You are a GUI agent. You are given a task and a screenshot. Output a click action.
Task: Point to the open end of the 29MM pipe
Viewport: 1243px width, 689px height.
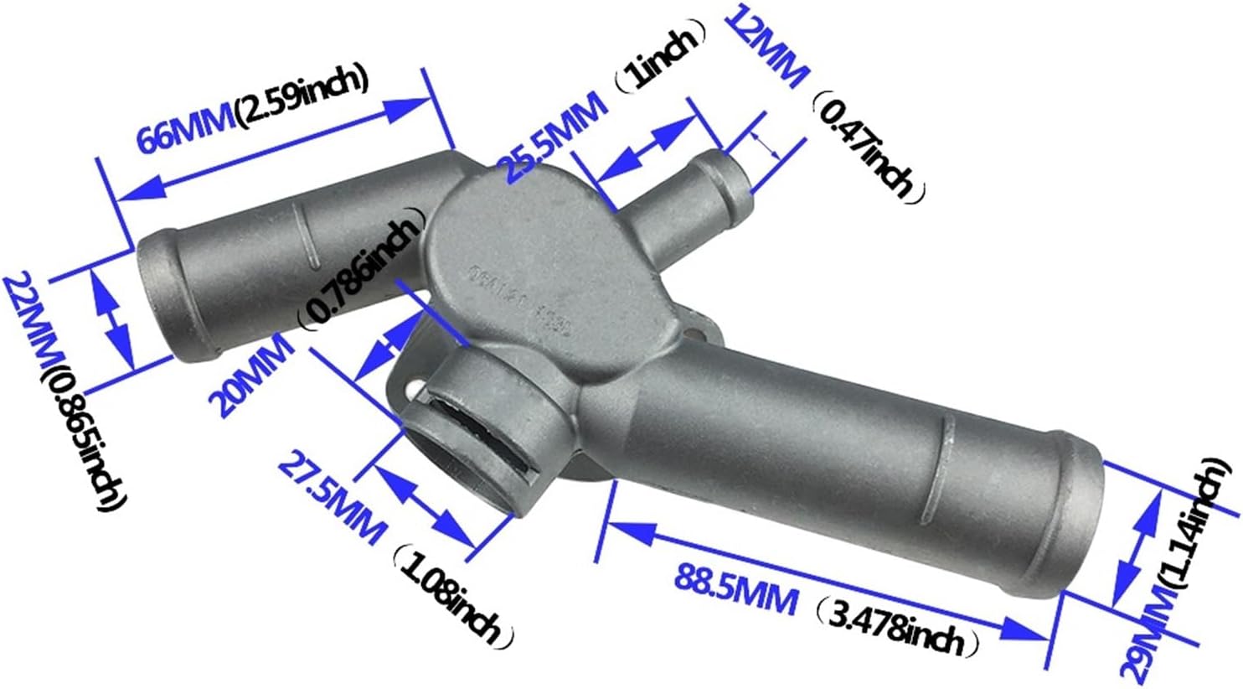coord(1081,523)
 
